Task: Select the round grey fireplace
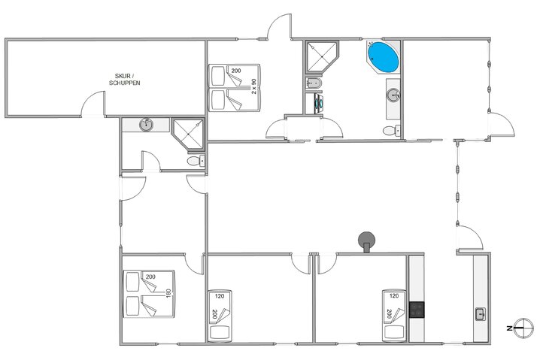click(366, 241)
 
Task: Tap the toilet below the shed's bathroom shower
click(195, 161)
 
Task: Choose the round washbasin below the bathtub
click(393, 95)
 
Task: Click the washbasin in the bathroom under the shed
click(147, 124)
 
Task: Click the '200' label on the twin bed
click(235, 71)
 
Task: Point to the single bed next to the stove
click(393, 313)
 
